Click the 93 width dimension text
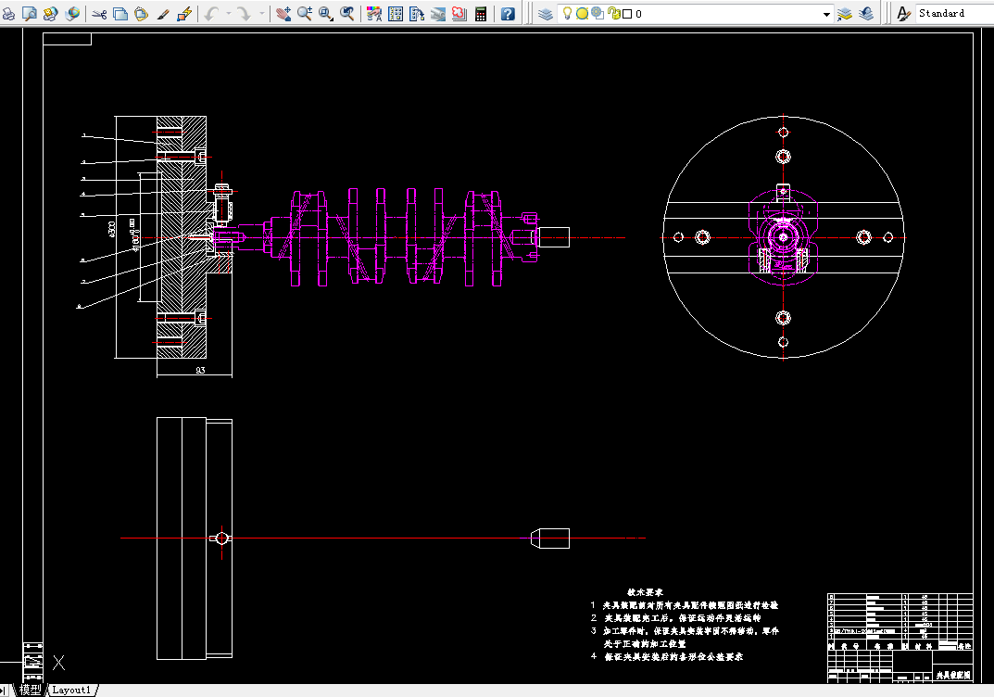[x=199, y=370]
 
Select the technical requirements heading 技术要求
[x=645, y=590]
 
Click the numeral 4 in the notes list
[x=594, y=656]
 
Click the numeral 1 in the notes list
[x=594, y=604]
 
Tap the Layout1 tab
[x=71, y=690]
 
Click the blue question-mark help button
[x=508, y=14]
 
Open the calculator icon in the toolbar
[x=481, y=14]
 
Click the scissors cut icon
[x=99, y=14]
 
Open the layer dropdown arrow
[x=827, y=14]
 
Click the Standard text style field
[x=952, y=14]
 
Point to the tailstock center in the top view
[x=552, y=538]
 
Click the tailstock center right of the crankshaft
[x=552, y=237]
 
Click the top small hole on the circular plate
[x=783, y=133]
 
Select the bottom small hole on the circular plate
[x=783, y=342]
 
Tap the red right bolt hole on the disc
[x=863, y=237]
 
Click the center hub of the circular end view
[x=783, y=237]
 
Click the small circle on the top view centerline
[x=220, y=538]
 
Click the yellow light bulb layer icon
[x=567, y=14]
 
